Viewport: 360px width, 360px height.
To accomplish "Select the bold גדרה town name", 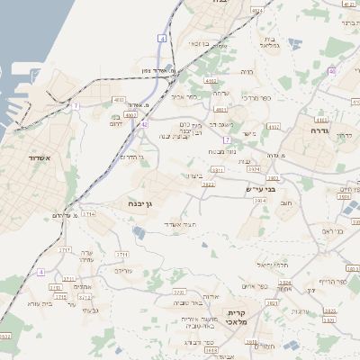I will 321,130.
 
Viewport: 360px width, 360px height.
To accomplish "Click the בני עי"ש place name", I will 261,189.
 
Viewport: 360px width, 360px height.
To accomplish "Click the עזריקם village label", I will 124,270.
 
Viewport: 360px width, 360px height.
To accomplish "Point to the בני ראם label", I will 334,231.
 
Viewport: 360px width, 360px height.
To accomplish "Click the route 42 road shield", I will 144,124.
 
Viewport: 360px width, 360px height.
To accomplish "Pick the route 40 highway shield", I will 331,70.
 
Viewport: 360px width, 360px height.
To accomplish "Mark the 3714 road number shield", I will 88,214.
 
